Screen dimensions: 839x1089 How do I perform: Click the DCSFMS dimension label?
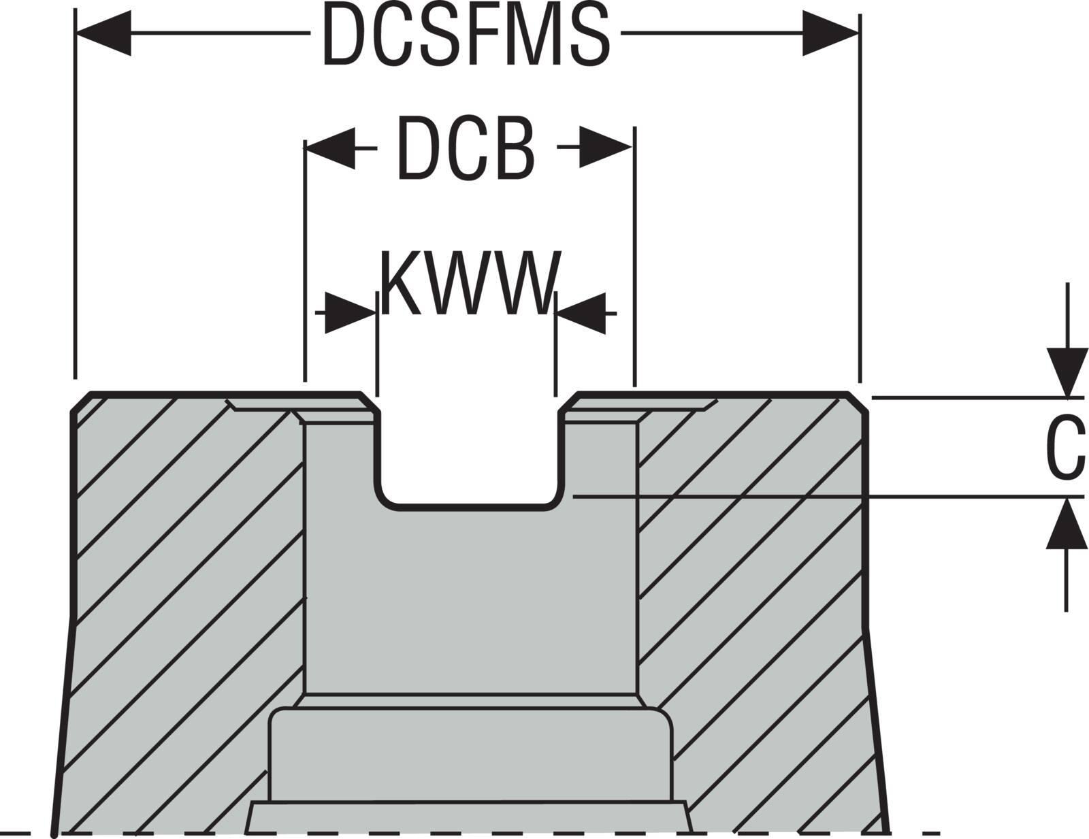coord(466,35)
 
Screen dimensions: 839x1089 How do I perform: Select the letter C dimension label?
coord(1065,447)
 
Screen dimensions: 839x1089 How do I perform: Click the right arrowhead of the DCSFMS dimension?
coord(830,33)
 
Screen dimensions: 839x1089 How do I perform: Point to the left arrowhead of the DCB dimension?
coord(331,147)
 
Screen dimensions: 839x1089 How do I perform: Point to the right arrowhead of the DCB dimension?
coord(606,147)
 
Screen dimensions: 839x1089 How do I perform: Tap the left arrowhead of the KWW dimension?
coord(351,313)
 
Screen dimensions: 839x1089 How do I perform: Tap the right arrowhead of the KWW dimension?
coord(581,313)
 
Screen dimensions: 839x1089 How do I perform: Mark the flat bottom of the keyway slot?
coord(470,506)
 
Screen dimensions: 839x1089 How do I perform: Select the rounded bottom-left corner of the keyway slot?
coord(385,497)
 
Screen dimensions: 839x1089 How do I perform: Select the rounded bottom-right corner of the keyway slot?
coord(555,497)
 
